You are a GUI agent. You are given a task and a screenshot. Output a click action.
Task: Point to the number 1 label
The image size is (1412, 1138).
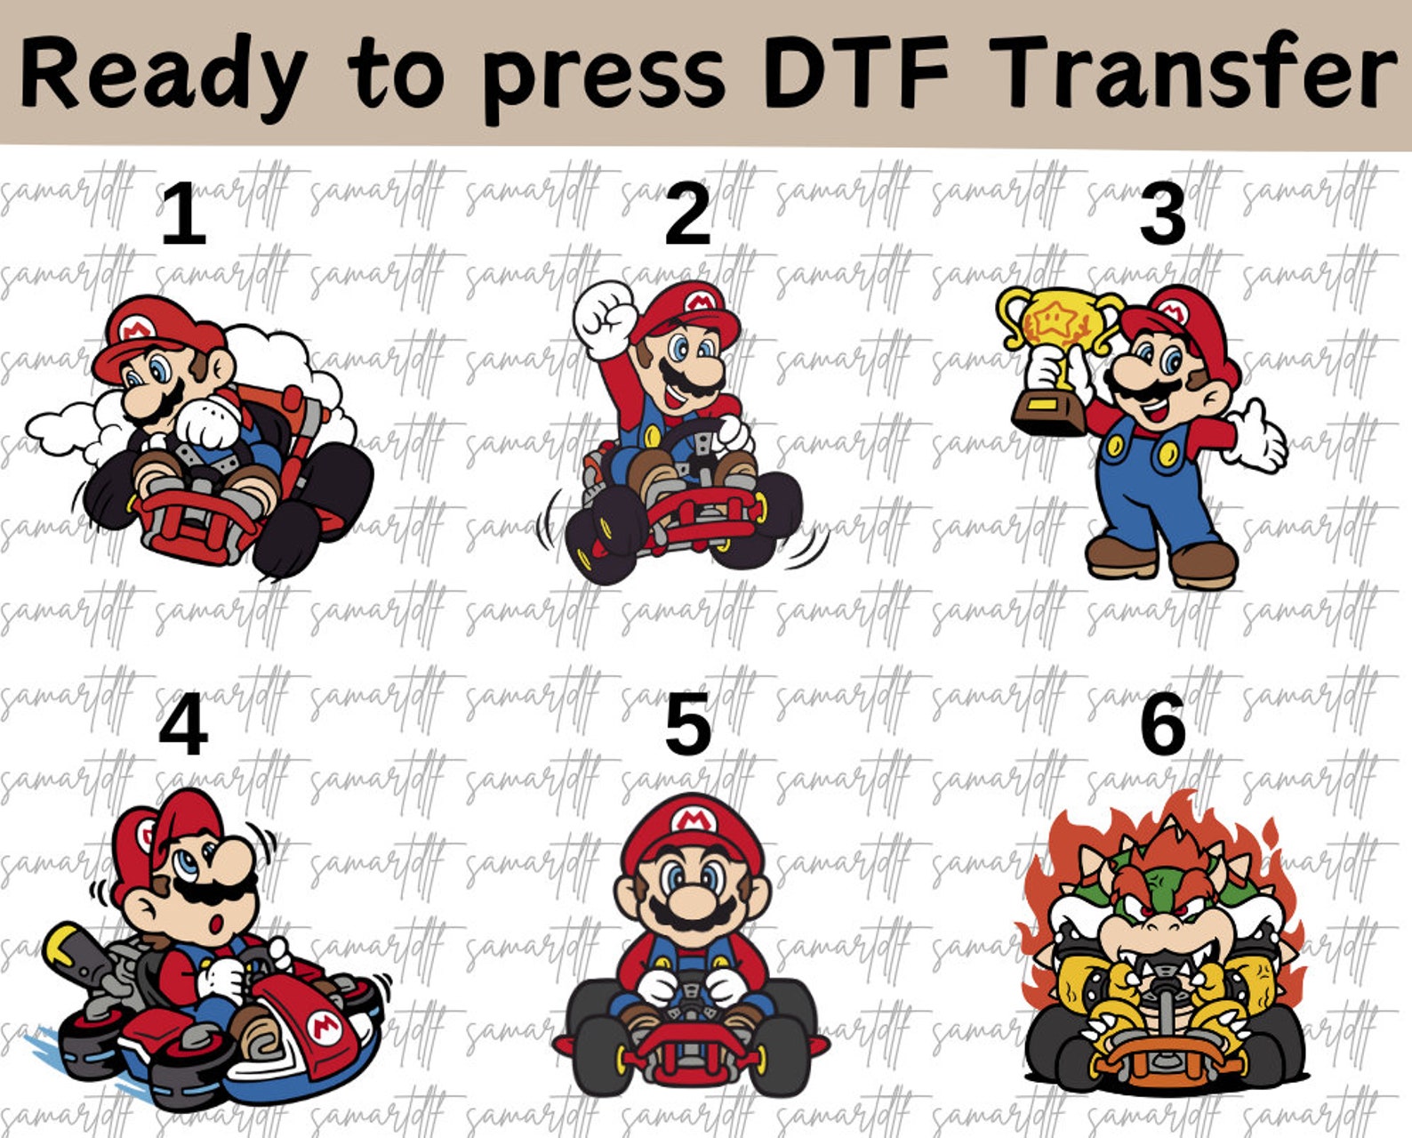183,214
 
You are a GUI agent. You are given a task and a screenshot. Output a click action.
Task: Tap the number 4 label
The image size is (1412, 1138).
183,725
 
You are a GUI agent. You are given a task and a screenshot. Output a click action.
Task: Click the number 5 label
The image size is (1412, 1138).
687,725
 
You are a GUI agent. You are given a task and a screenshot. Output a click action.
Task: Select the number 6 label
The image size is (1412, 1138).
1163,725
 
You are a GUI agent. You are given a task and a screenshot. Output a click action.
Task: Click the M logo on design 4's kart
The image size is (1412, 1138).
325,1029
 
